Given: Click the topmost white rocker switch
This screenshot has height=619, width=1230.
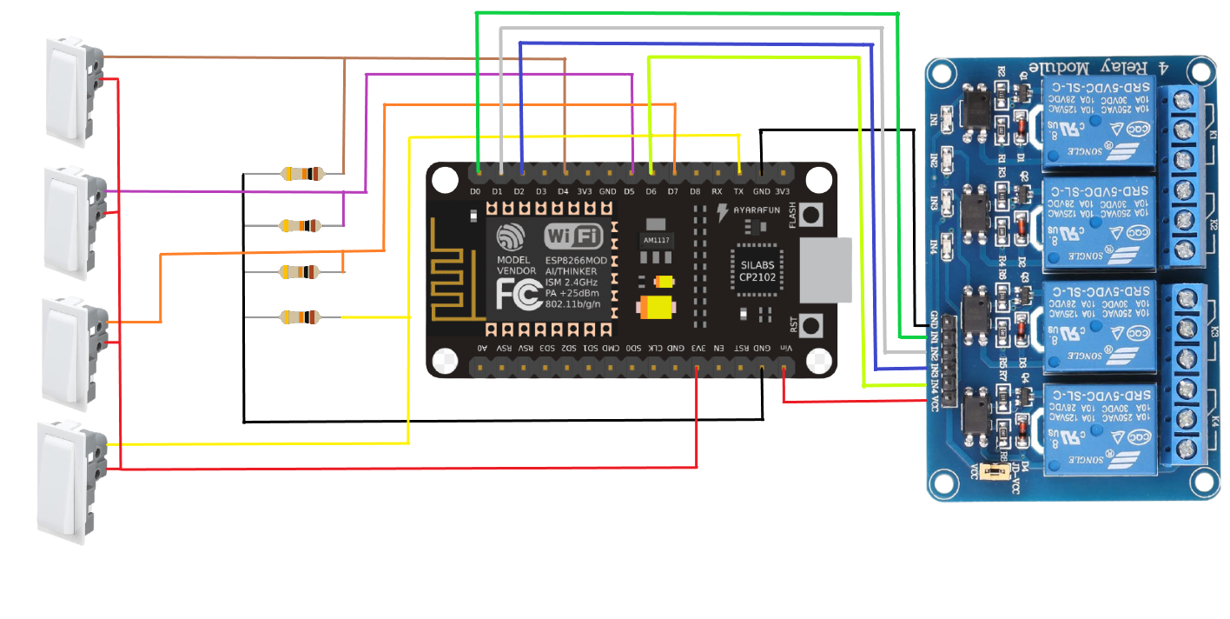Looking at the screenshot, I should tap(72, 92).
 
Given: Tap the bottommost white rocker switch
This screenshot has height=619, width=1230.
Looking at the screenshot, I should tap(68, 480).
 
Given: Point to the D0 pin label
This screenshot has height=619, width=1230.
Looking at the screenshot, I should tap(475, 191).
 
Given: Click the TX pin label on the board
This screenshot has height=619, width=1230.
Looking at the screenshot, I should tap(739, 191).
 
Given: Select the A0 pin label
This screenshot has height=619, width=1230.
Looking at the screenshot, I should tap(482, 348).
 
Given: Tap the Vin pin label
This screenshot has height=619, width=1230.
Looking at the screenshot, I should tap(784, 348).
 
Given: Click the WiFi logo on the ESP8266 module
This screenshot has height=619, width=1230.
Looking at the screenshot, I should tap(572, 236).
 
